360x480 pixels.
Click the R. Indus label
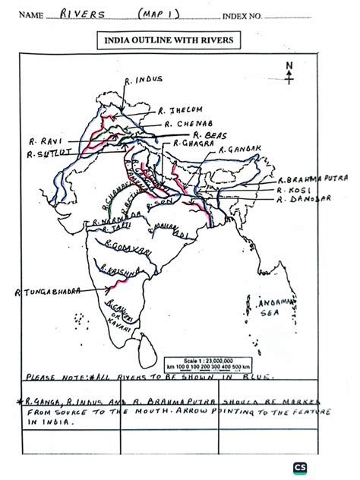139,78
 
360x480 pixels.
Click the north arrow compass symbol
289,72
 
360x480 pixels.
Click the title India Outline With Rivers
171,39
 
